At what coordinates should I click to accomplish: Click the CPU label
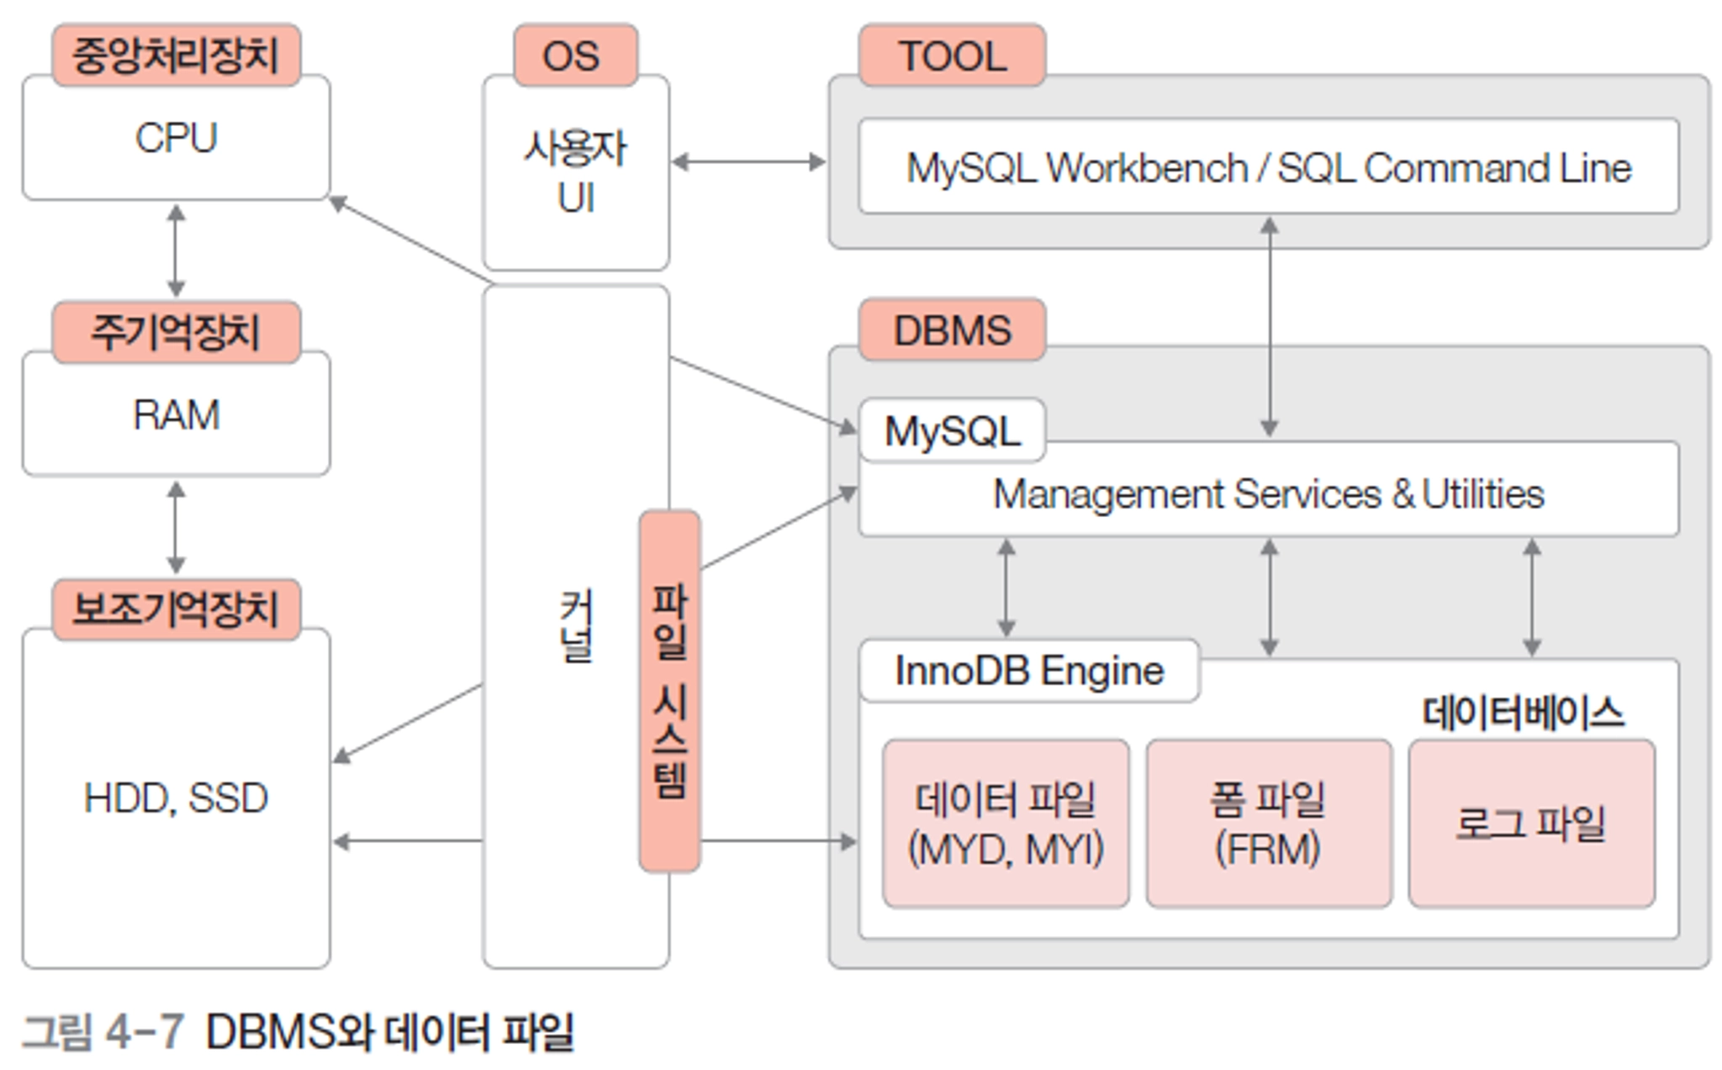click(177, 138)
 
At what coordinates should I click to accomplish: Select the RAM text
click(177, 414)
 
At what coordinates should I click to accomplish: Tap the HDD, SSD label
click(176, 798)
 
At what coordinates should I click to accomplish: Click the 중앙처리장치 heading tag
click(176, 55)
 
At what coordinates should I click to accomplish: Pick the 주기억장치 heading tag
click(176, 332)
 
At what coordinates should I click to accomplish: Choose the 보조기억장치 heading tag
click(176, 609)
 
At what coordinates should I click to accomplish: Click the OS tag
click(575, 55)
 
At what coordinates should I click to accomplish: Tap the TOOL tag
click(952, 55)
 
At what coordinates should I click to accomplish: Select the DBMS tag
click(952, 329)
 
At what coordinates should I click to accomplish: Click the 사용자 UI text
click(576, 172)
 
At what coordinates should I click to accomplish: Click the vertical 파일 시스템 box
click(669, 691)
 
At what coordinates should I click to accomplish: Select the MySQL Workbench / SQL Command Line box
click(1269, 166)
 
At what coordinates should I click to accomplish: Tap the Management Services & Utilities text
click(1269, 493)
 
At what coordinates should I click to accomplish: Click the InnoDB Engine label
click(1029, 671)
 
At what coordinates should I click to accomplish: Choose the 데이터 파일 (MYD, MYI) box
click(1006, 824)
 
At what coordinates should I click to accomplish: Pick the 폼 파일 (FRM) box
click(1269, 824)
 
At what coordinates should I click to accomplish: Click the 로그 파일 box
click(1532, 824)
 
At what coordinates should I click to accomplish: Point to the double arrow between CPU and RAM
click(176, 250)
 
